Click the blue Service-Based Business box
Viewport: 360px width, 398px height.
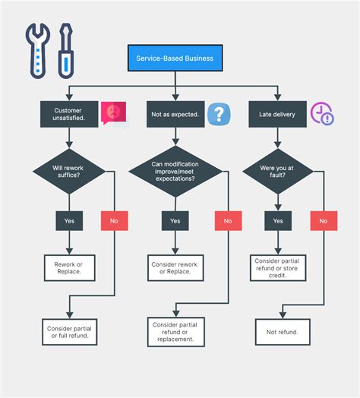pyautogui.click(x=175, y=58)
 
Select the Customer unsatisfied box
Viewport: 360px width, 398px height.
pyautogui.click(x=69, y=115)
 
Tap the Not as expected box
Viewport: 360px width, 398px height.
pyautogui.click(x=175, y=115)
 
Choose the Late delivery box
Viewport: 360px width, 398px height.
pyautogui.click(x=278, y=115)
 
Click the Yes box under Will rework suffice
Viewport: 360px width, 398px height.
pyautogui.click(x=69, y=221)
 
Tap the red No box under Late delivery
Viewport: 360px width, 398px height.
pyautogui.click(x=324, y=221)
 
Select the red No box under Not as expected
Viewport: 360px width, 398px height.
pyautogui.click(x=228, y=221)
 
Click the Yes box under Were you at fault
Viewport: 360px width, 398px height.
pyautogui.click(x=278, y=221)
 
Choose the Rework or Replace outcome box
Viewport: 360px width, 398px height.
pyautogui.click(x=69, y=267)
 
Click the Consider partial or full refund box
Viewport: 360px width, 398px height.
pyautogui.click(x=69, y=330)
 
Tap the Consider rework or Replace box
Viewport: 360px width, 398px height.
pyautogui.click(x=175, y=267)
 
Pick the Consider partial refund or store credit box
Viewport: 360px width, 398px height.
pyautogui.click(x=278, y=267)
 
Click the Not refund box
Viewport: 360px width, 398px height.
pyautogui.click(x=282, y=332)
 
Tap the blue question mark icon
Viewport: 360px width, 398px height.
pyautogui.click(x=219, y=115)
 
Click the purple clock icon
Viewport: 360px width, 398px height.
pyautogui.click(x=322, y=114)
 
